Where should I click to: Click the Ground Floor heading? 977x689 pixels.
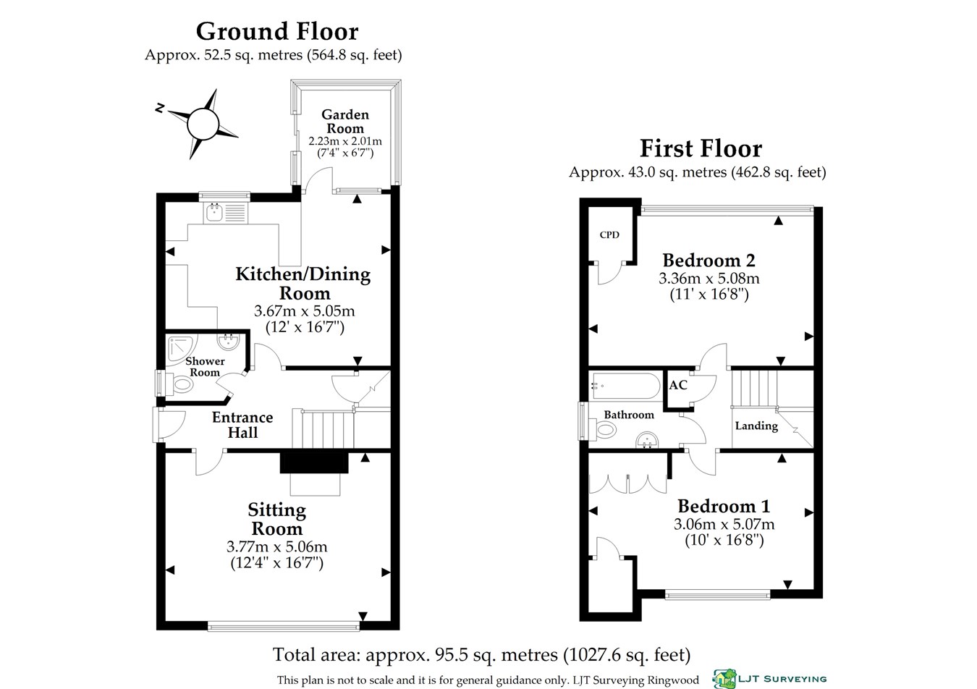(x=277, y=31)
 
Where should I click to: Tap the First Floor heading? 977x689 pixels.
(x=701, y=148)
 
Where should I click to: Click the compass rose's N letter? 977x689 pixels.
(x=160, y=108)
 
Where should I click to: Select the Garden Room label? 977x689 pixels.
(x=345, y=122)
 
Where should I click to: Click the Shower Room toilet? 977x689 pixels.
(x=182, y=385)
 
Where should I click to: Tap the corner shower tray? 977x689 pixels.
(x=182, y=348)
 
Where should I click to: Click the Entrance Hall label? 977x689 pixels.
(x=242, y=425)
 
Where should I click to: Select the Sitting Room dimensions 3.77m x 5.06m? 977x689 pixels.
(x=276, y=546)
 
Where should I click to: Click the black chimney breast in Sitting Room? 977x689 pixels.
(x=314, y=462)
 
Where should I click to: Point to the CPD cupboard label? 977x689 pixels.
(x=609, y=234)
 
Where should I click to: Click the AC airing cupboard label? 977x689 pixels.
(x=678, y=385)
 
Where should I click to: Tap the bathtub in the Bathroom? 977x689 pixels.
(x=626, y=386)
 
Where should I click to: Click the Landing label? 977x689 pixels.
(x=756, y=426)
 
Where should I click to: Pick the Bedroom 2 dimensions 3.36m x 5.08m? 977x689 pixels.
(x=709, y=278)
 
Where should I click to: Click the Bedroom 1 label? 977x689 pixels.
(x=724, y=507)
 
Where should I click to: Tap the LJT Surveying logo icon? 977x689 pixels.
(x=724, y=679)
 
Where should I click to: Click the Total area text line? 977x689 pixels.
(x=481, y=655)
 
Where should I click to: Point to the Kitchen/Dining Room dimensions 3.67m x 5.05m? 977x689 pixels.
(x=305, y=311)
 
